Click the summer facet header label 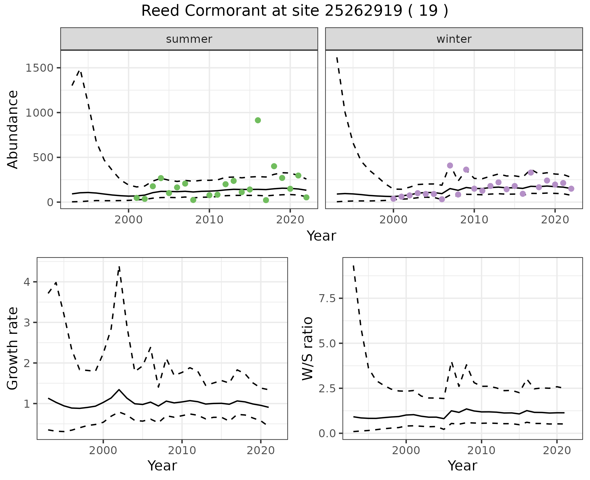coord(189,39)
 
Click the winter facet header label coord(454,39)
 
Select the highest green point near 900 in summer coord(258,120)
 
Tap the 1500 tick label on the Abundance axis coord(40,68)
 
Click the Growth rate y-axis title coord(13,349)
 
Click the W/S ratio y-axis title coord(307,349)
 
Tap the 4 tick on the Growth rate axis coord(28,282)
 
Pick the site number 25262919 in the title coord(363,11)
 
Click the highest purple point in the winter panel coord(450,166)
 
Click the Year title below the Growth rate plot coord(162,466)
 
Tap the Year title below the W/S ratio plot coord(462,466)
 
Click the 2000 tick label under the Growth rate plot coord(103,450)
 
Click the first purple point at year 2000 coord(393,199)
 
